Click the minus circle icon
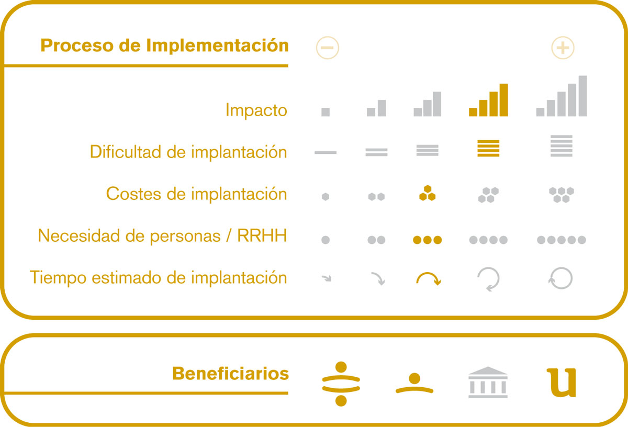pyautogui.click(x=327, y=48)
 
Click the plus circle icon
pyautogui.click(x=563, y=48)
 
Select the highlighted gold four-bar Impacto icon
pyautogui.click(x=488, y=100)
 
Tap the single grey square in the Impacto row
pyautogui.click(x=326, y=112)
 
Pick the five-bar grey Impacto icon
pyautogui.click(x=561, y=96)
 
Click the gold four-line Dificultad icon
pyautogui.click(x=488, y=148)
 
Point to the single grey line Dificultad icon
pyautogui.click(x=326, y=152)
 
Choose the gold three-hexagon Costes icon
pyautogui.click(x=427, y=193)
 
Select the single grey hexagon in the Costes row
pyautogui.click(x=326, y=197)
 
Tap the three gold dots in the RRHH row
pyautogui.click(x=427, y=240)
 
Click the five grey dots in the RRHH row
pyautogui.click(x=561, y=240)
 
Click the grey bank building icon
pyautogui.click(x=488, y=382)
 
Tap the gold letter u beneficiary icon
pyautogui.click(x=562, y=383)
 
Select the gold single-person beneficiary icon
pyautogui.click(x=414, y=383)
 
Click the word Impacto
pyautogui.click(x=256, y=110)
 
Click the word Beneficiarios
pyautogui.click(x=230, y=374)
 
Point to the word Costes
pyautogui.click(x=133, y=194)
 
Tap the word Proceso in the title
pyautogui.click(x=76, y=45)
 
